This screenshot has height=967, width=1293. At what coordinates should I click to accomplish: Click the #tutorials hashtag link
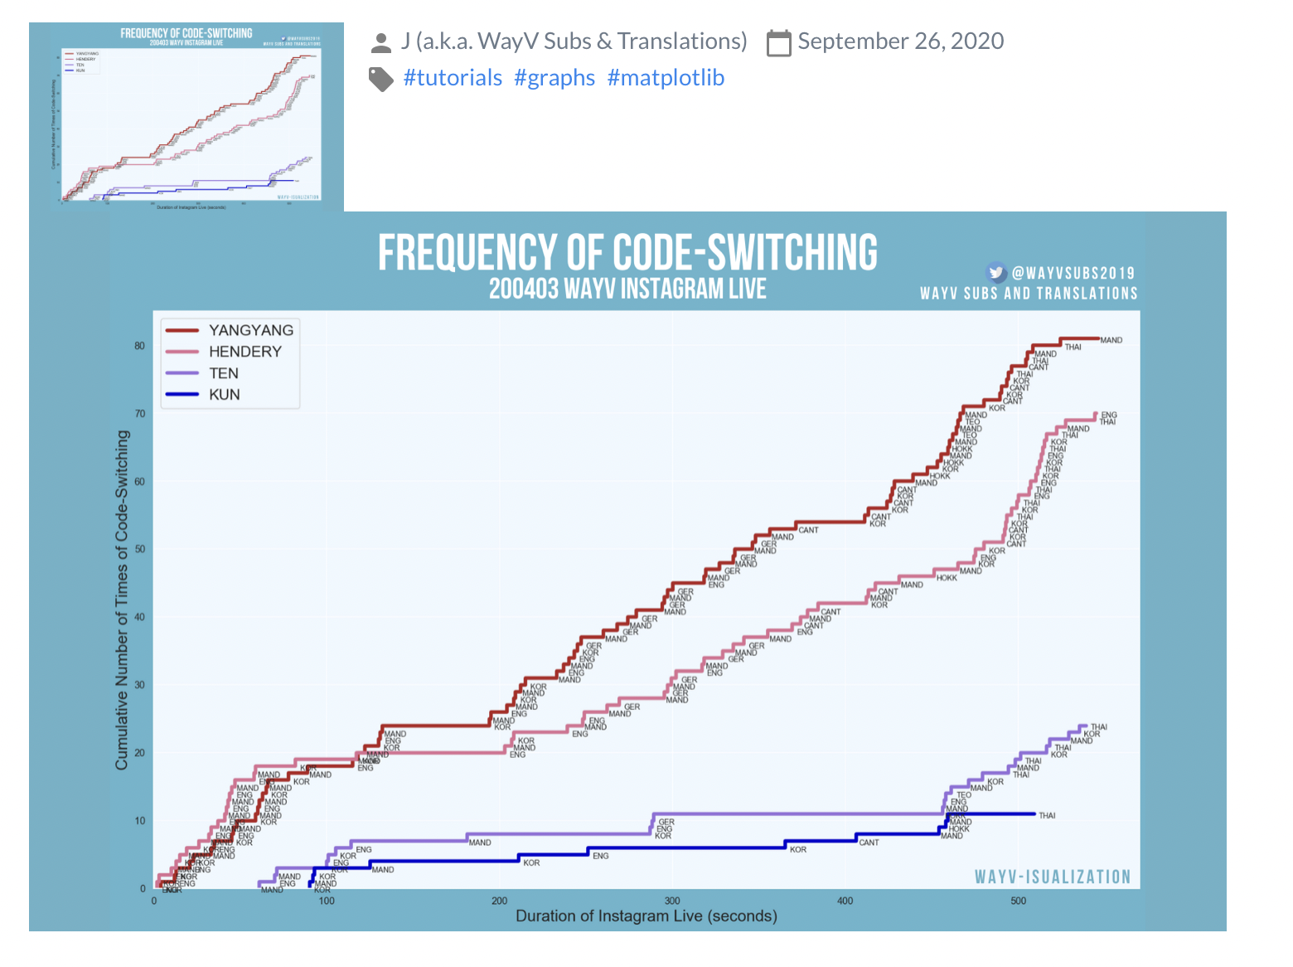click(453, 78)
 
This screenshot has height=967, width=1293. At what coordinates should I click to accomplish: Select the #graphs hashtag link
click(554, 78)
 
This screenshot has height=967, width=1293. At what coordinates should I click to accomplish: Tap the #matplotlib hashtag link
click(666, 78)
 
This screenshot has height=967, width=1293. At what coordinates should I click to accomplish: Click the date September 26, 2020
click(900, 41)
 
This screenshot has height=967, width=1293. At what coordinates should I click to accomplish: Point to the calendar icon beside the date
click(779, 42)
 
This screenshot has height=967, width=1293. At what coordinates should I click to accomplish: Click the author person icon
click(381, 42)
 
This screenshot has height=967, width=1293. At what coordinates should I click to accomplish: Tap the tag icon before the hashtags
click(381, 79)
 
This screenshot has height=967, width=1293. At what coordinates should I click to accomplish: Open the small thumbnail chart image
click(186, 116)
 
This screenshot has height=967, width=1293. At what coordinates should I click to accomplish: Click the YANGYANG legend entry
click(250, 330)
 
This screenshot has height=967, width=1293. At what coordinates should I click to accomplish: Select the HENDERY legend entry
click(245, 352)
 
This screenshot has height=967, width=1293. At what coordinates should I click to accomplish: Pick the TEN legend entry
click(223, 373)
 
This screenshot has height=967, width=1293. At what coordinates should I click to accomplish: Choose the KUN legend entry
click(224, 395)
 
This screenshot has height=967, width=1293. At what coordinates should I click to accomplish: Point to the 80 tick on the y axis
click(139, 346)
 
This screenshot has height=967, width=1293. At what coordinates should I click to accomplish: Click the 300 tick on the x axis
click(672, 901)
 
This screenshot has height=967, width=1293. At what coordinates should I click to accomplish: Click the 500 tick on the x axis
click(1018, 901)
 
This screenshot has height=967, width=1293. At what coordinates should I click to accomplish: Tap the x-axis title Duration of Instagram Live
click(646, 916)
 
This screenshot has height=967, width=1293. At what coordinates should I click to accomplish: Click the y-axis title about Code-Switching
click(123, 600)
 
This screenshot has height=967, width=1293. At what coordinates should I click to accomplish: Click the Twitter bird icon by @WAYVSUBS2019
click(996, 272)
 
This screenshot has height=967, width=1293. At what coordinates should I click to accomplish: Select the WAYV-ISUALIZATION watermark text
click(1052, 877)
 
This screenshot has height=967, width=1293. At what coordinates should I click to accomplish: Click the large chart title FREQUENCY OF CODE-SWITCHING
click(627, 253)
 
